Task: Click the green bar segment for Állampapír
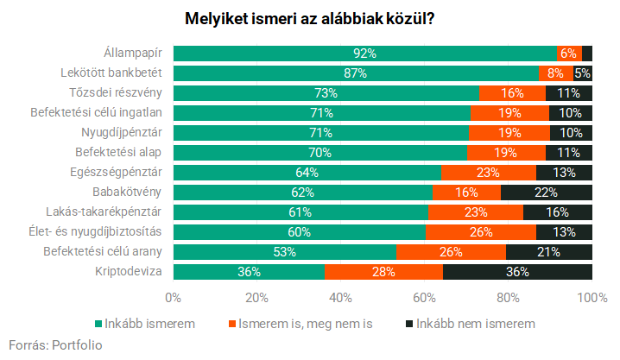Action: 365,54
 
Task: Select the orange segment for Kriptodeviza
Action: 383,272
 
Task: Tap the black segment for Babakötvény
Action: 546,193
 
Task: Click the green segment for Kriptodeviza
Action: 249,272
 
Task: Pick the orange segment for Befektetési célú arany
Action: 451,252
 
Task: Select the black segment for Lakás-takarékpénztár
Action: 558,212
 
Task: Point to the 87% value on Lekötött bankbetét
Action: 356,73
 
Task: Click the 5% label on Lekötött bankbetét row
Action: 583,73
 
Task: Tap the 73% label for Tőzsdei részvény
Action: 326,93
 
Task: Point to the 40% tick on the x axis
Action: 340,298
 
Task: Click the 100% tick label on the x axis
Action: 592,298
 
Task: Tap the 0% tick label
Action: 173,298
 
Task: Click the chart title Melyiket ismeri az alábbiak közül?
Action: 310,18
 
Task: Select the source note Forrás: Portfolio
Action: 55,344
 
